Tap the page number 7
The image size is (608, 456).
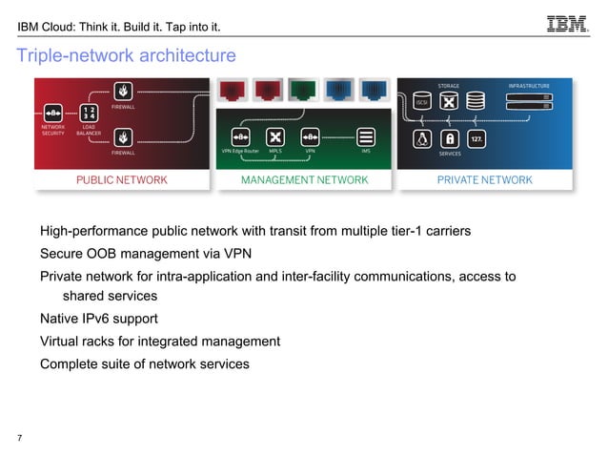(20, 439)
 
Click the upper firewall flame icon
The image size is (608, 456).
(122, 92)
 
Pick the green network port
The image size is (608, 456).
(304, 91)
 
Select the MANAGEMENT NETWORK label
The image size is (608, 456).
(304, 179)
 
